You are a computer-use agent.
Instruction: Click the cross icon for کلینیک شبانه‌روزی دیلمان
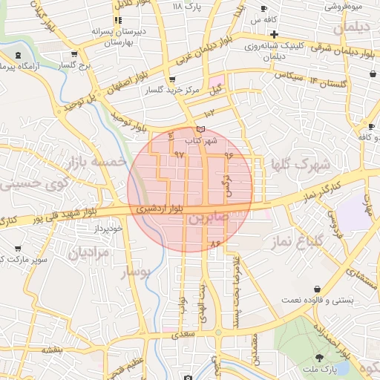pos(274,35)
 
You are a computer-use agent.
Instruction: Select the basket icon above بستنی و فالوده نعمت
pos(318,289)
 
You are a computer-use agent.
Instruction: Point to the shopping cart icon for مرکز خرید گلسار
pos(172,79)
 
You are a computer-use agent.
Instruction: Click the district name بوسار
pos(135,273)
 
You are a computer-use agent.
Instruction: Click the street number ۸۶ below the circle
pos(216,243)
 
